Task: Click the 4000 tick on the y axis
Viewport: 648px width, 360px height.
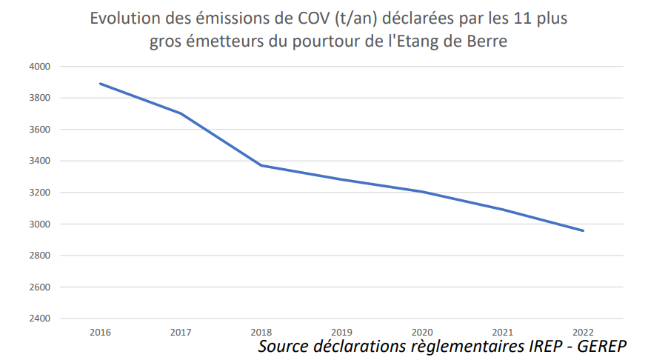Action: (x=40, y=67)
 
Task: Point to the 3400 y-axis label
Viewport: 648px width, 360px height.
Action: (x=40, y=161)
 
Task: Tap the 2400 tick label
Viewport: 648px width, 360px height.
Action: (x=40, y=319)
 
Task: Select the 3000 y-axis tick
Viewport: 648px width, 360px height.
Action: (x=40, y=224)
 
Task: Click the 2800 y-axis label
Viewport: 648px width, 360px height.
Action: (x=40, y=256)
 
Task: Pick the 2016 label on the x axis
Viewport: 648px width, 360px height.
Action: (x=101, y=331)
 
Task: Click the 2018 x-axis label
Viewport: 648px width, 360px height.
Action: (x=261, y=331)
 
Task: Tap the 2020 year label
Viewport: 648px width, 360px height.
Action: (x=422, y=331)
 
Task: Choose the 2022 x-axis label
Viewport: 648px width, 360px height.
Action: (x=584, y=331)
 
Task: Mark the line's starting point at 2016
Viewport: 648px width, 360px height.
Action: (x=101, y=84)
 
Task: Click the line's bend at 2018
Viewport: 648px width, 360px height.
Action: (x=261, y=165)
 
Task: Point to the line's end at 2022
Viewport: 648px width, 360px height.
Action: (x=584, y=230)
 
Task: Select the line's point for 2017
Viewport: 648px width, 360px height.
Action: (x=181, y=113)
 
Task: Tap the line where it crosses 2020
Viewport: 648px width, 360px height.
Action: (x=422, y=192)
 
